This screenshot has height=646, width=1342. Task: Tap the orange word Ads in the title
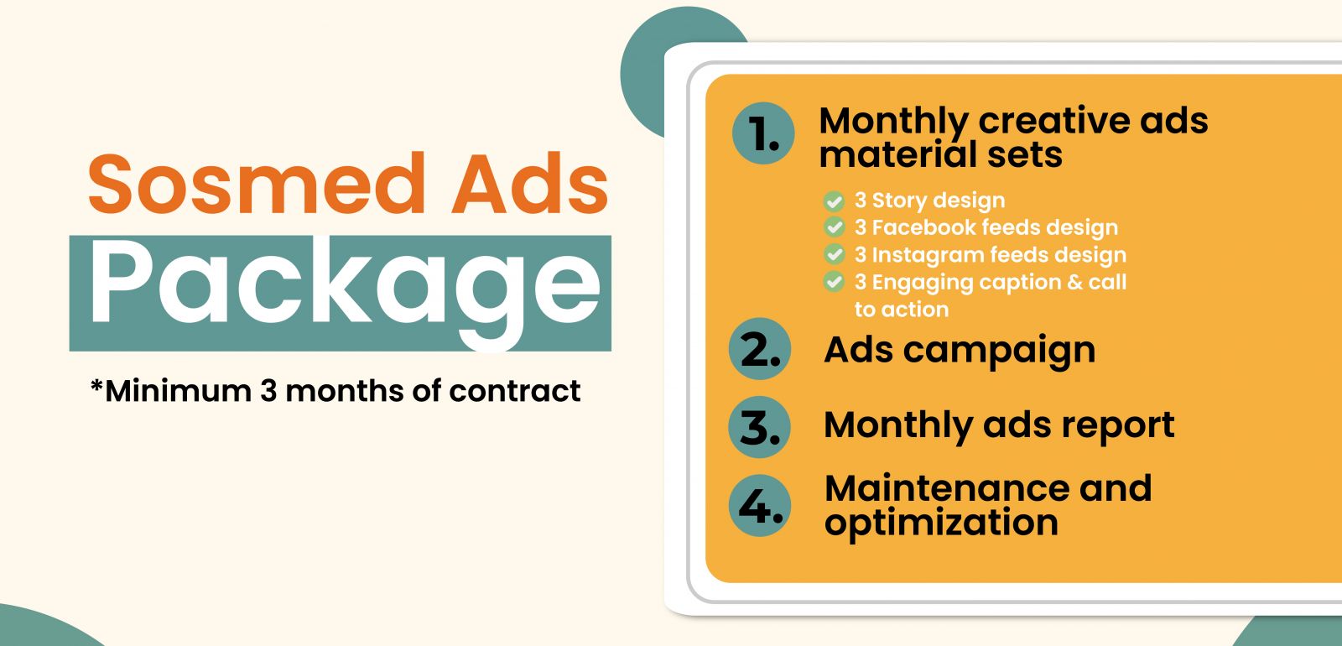[530, 183]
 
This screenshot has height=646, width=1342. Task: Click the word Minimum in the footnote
[178, 391]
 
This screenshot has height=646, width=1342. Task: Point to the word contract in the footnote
[515, 391]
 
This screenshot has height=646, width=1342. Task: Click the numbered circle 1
[763, 133]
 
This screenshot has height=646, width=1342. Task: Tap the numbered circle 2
[760, 349]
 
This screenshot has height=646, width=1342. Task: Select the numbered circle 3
[760, 427]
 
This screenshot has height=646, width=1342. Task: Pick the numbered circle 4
[760, 505]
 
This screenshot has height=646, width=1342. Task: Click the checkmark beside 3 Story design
[834, 201]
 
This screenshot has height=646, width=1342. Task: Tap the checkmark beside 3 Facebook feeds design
[834, 227]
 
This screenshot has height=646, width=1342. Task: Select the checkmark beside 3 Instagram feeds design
[834, 254]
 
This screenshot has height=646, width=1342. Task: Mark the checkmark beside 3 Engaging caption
[834, 281]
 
